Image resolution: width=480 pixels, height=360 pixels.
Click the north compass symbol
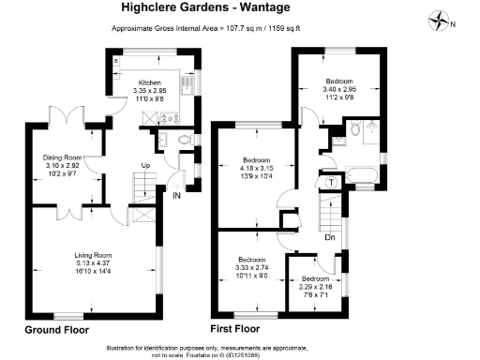(x=441, y=20)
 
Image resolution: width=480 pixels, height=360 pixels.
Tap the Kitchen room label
(x=151, y=83)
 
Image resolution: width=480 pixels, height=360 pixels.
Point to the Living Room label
(x=93, y=255)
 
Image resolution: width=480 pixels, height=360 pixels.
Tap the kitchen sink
(x=146, y=118)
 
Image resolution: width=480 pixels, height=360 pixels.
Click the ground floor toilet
(x=184, y=141)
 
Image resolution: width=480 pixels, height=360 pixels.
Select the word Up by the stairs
(x=145, y=167)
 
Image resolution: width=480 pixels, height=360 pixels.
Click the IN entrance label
(x=176, y=195)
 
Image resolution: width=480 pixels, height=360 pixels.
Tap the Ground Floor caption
(x=55, y=331)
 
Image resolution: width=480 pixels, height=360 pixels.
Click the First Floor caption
(x=239, y=331)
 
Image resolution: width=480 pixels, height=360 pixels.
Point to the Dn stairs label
(x=329, y=237)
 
